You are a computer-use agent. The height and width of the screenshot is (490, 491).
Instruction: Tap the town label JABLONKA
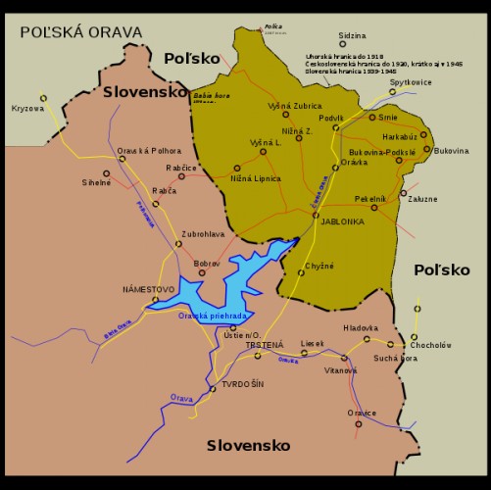pyautogui.click(x=343, y=221)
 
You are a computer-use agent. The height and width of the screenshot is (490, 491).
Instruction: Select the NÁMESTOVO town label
pyautogui.click(x=148, y=289)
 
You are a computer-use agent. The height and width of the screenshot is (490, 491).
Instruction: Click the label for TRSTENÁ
pyautogui.click(x=265, y=345)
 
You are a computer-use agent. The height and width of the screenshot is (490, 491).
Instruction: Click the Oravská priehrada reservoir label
pyautogui.click(x=212, y=317)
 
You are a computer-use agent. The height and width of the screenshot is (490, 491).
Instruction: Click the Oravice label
pyautogui.click(x=362, y=413)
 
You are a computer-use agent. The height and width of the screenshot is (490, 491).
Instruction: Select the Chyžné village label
pyautogui.click(x=320, y=266)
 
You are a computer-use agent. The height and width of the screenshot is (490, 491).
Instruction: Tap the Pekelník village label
pyautogui.click(x=370, y=198)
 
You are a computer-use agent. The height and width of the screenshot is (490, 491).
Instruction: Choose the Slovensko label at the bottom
pyautogui.click(x=248, y=445)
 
